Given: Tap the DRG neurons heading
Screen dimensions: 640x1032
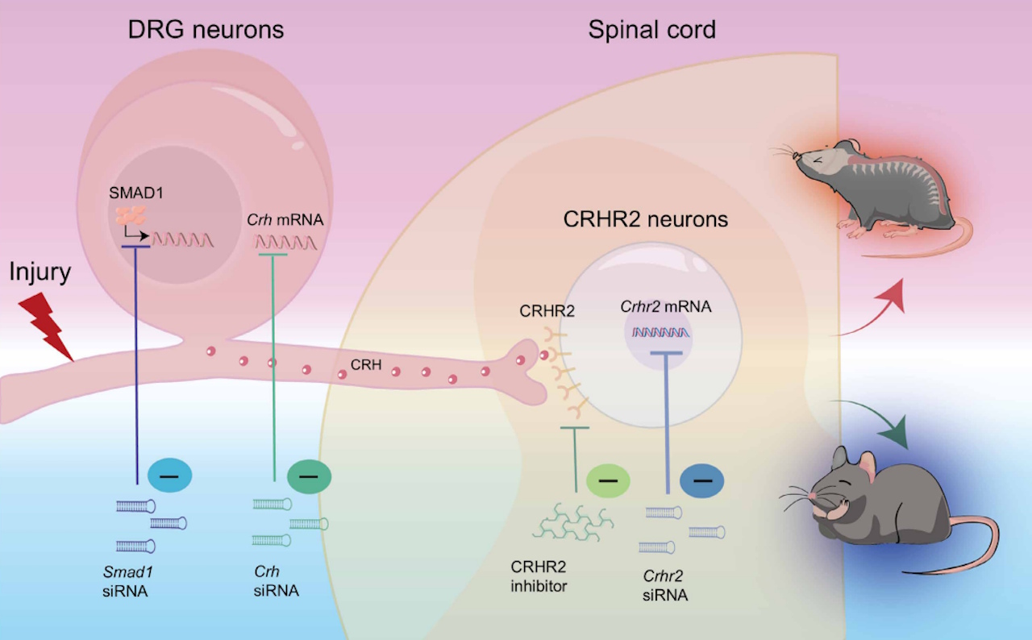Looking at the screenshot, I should (206, 31).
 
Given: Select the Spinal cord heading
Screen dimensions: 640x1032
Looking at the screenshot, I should (651, 31).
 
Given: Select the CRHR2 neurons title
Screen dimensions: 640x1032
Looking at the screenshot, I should (647, 219).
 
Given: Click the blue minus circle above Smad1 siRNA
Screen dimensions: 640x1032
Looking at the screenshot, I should (170, 476).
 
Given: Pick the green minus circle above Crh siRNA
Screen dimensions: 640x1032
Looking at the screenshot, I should (309, 476).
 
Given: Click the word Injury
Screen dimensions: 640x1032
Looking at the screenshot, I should (40, 272).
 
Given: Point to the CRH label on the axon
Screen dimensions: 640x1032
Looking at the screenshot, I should (365, 365).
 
